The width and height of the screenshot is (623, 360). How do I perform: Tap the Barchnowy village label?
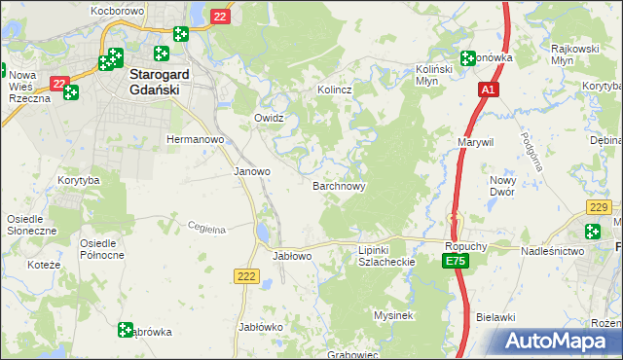(x=338, y=185)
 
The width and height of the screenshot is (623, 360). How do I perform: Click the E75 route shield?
(x=455, y=263)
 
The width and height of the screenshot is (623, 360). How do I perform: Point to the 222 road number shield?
(x=245, y=277)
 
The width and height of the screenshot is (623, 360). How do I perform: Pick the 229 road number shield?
(x=599, y=206)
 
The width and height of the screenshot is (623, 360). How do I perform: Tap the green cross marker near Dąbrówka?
(x=126, y=330)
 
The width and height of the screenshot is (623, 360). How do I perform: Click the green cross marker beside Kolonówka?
(x=468, y=57)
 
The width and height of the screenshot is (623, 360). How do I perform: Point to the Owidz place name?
(x=269, y=118)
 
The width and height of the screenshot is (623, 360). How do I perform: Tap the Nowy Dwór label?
(x=502, y=186)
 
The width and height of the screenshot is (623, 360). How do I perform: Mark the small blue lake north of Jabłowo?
(x=264, y=233)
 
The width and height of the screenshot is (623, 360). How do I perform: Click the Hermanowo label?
(x=196, y=140)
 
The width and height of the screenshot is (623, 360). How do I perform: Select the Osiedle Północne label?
(x=102, y=248)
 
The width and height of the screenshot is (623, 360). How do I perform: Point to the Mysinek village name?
(x=395, y=315)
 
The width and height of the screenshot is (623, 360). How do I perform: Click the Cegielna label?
(x=206, y=229)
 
